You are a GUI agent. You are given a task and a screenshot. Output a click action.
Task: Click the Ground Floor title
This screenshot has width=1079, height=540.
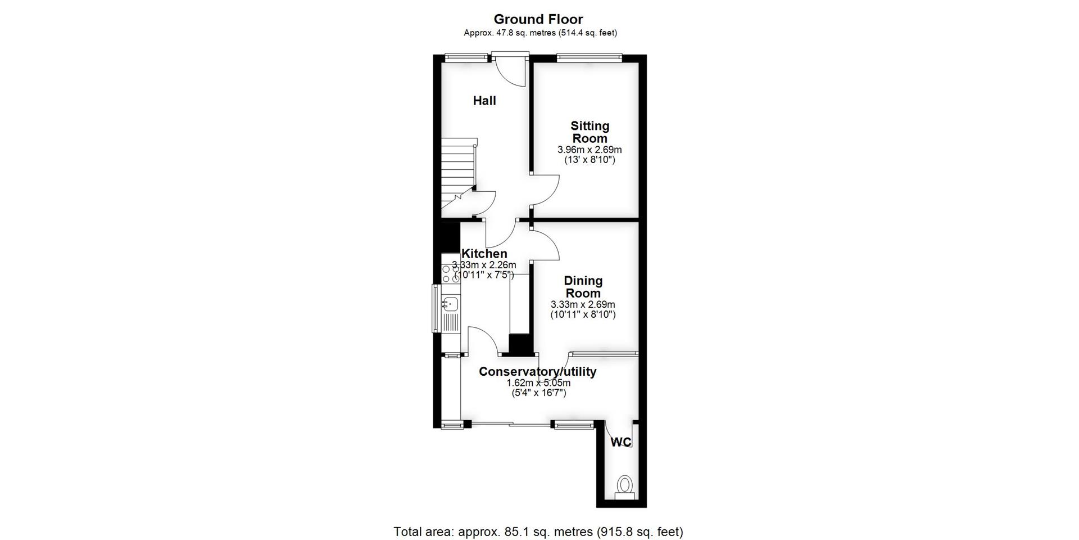pyautogui.click(x=538, y=19)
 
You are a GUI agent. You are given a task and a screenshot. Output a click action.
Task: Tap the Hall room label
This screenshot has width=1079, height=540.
pyautogui.click(x=484, y=101)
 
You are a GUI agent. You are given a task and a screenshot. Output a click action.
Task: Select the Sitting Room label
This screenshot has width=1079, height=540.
pyautogui.click(x=590, y=132)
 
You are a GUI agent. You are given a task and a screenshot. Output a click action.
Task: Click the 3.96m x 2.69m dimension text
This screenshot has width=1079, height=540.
pyautogui.click(x=590, y=150)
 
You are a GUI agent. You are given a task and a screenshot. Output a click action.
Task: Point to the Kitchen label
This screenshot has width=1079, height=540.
pyautogui.click(x=484, y=254)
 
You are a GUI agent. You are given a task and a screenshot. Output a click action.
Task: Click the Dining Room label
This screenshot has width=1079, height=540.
pyautogui.click(x=583, y=287)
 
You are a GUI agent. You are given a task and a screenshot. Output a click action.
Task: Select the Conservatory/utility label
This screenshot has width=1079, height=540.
pyautogui.click(x=537, y=372)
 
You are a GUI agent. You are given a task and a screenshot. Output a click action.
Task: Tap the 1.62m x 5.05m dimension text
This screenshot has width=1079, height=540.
pyautogui.click(x=538, y=383)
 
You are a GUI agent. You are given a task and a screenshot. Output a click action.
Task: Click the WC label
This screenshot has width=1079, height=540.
pyautogui.click(x=621, y=443)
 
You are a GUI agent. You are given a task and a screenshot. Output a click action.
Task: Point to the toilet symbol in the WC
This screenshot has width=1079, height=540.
pyautogui.click(x=624, y=487)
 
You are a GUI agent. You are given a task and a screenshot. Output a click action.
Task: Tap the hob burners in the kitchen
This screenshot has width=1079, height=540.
pyautogui.click(x=451, y=274)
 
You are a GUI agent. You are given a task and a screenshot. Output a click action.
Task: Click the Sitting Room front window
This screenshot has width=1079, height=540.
pyautogui.click(x=589, y=56)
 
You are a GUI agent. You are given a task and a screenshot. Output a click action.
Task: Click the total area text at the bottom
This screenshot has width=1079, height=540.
pyautogui.click(x=538, y=532)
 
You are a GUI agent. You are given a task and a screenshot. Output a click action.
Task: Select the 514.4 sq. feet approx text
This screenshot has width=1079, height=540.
pyautogui.click(x=587, y=33)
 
